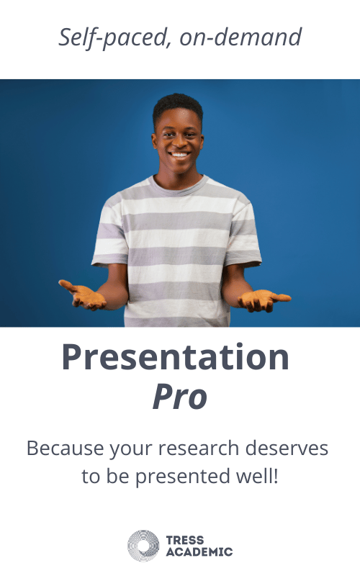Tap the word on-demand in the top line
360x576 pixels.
[240, 37]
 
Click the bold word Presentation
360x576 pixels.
[176, 356]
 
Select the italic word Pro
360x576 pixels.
[180, 397]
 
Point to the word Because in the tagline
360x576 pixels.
[66, 448]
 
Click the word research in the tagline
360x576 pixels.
[199, 449]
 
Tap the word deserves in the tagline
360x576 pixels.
[287, 448]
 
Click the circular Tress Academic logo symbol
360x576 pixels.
[143, 546]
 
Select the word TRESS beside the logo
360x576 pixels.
[185, 540]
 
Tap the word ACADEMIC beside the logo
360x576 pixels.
[199, 552]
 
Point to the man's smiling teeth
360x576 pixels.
[179, 155]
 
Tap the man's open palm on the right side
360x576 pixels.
[264, 299]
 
